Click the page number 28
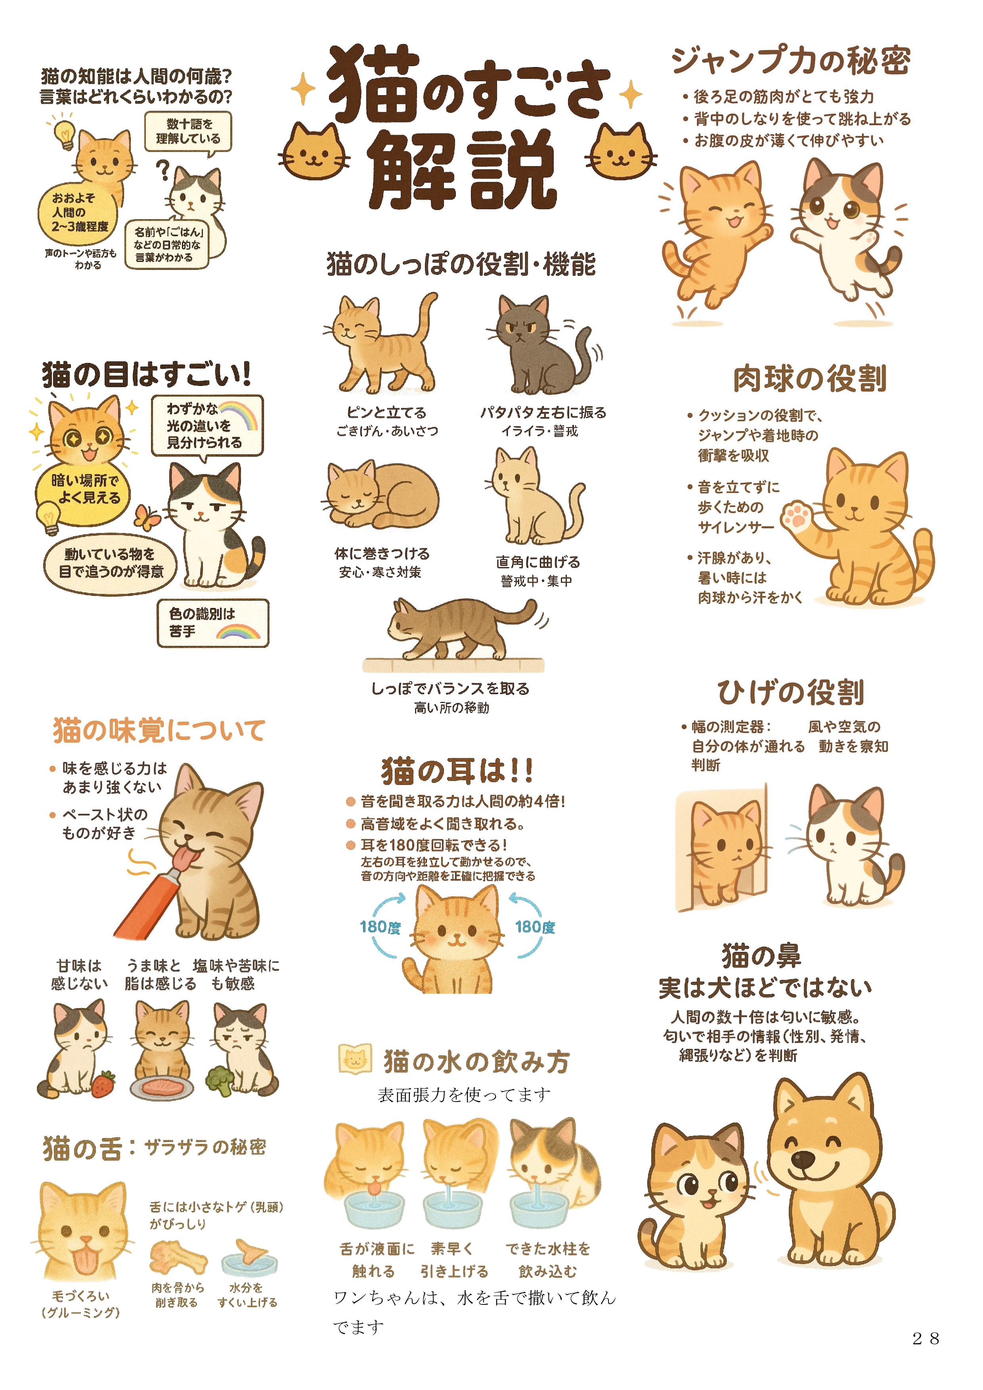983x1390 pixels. coord(926,1338)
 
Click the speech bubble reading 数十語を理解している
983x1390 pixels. coord(188,132)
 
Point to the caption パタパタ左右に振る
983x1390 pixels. coord(543,412)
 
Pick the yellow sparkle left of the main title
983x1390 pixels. coord(303,89)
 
